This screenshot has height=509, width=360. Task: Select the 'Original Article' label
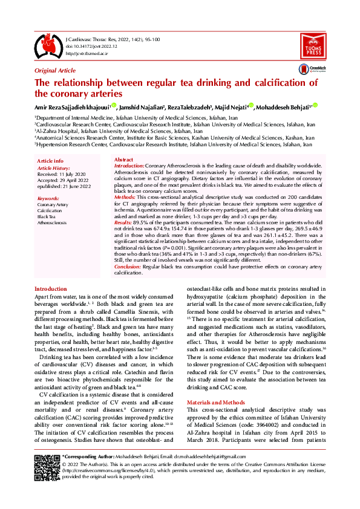(x=55, y=71)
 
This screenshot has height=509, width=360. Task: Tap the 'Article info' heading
(x=50, y=160)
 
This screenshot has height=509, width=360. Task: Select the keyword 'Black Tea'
(x=47, y=216)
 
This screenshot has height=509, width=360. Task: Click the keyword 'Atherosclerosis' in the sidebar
(x=52, y=222)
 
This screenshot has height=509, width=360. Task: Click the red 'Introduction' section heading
(x=51, y=289)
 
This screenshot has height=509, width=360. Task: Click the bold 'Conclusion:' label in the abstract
(x=128, y=266)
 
